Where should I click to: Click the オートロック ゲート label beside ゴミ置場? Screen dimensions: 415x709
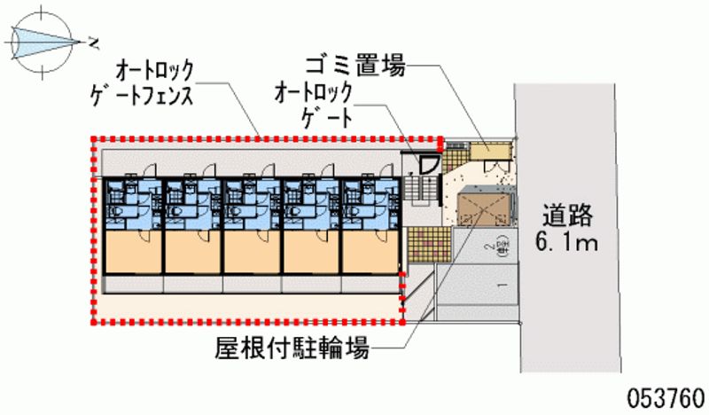314,104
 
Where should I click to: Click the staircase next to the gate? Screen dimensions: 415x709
423,187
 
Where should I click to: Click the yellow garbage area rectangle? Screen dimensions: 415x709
486,150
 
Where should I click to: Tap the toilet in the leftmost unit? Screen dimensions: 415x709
114,214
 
